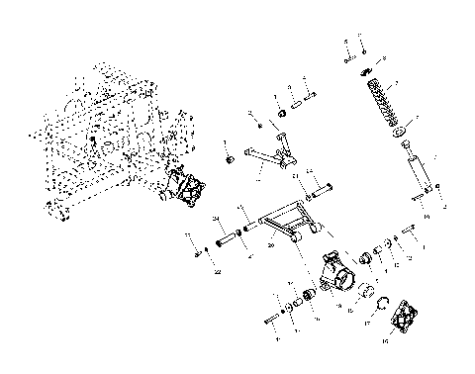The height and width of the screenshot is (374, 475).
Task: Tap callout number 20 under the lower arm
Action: click(241, 245)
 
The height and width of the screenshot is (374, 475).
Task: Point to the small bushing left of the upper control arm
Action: click(230, 159)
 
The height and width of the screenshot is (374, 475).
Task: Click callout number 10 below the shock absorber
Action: click(426, 215)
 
